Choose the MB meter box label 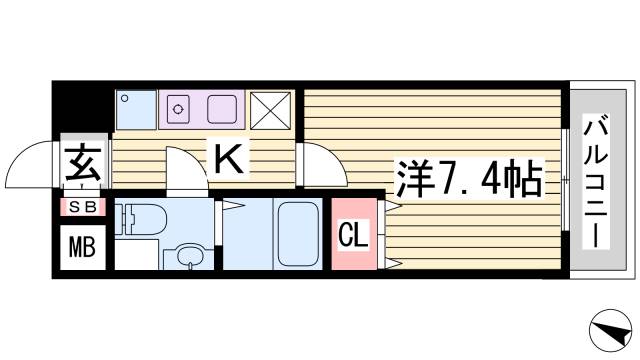(82, 246)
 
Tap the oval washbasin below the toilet (189, 258)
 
